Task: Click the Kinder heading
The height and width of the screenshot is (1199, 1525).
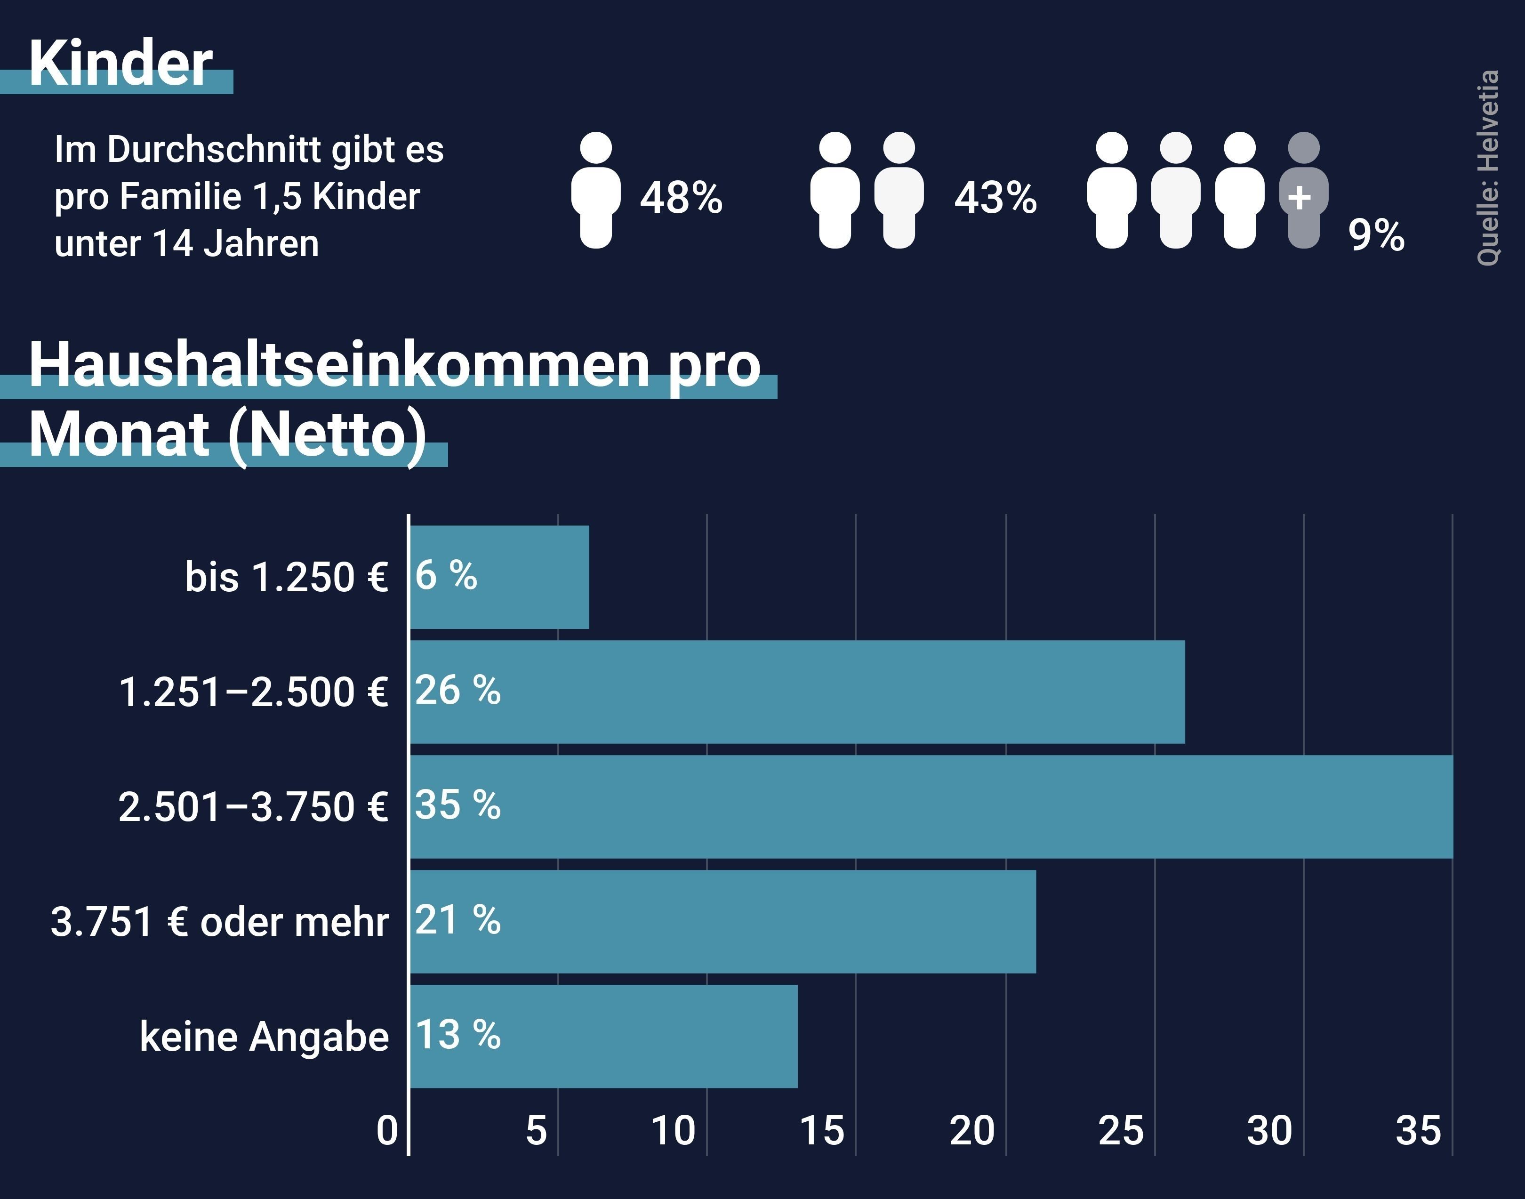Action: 120,63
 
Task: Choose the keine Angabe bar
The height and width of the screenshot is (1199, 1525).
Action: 603,1036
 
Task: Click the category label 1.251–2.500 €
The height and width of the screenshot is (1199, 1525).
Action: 253,692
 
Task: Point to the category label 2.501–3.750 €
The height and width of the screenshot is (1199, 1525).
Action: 253,806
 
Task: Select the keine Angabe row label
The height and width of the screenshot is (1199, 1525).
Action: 264,1036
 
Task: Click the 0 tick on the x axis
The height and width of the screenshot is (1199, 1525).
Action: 387,1131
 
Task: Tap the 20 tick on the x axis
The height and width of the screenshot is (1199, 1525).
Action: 972,1131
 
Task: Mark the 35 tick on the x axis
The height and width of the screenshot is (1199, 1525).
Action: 1418,1131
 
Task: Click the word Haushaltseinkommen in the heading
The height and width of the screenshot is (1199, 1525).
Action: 339,364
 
